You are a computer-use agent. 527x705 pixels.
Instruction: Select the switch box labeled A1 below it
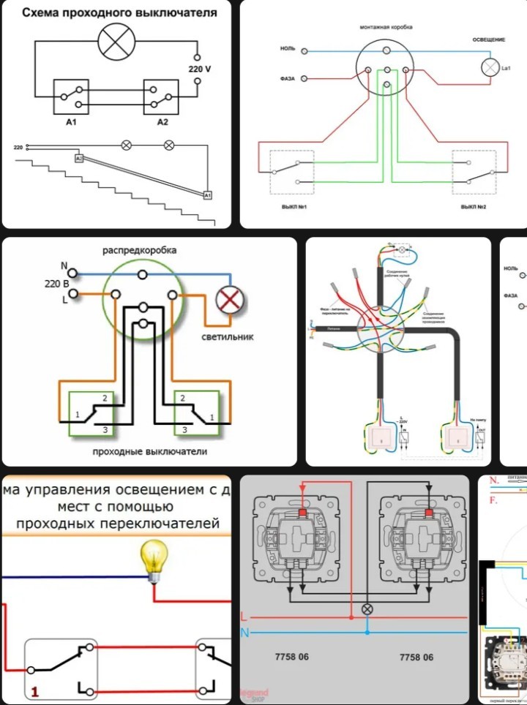pyautogui.click(x=71, y=97)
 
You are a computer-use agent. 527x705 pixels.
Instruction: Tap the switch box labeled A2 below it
pyautogui.click(x=161, y=97)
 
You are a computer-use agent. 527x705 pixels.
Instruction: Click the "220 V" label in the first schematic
pyautogui.click(x=199, y=69)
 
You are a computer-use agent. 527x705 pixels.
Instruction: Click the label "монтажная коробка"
pyautogui.click(x=386, y=26)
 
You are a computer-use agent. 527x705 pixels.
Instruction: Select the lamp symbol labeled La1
pyautogui.click(x=488, y=67)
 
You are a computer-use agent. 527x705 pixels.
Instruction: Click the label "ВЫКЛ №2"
pyautogui.click(x=474, y=207)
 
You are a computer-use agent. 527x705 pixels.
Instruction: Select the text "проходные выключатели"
pyautogui.click(x=149, y=451)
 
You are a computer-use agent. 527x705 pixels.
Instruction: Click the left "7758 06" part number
pyautogui.click(x=293, y=657)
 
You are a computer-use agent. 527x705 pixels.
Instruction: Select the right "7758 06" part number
pyautogui.click(x=416, y=657)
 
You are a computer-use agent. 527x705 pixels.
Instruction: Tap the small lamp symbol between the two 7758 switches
pyautogui.click(x=368, y=608)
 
